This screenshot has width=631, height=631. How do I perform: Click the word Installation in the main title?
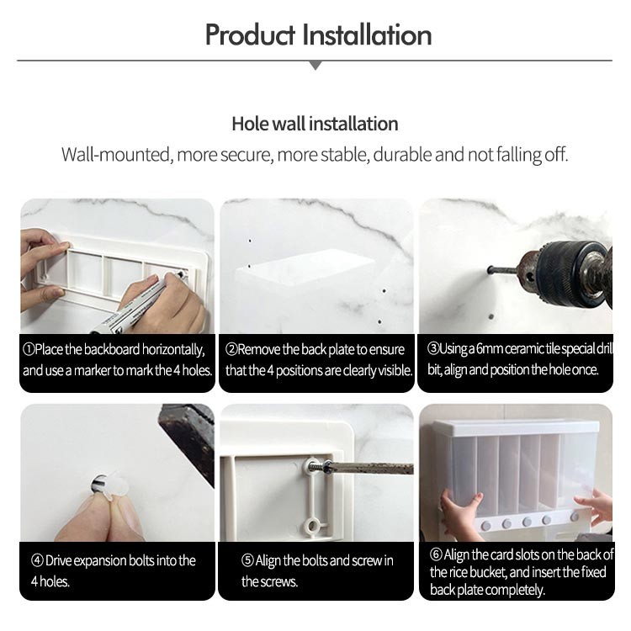click(367, 35)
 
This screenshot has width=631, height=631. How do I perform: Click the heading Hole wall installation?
click(315, 124)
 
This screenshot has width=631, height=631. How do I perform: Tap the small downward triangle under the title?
click(315, 66)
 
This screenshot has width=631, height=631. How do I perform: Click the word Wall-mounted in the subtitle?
click(116, 155)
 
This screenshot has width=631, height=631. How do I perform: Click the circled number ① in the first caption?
click(29, 349)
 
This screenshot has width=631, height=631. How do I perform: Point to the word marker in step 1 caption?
click(93, 370)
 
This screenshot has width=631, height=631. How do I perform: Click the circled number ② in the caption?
click(231, 349)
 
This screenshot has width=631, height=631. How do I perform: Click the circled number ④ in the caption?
click(37, 560)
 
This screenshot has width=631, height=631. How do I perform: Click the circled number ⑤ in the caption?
click(247, 560)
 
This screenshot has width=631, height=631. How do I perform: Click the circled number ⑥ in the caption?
click(436, 554)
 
